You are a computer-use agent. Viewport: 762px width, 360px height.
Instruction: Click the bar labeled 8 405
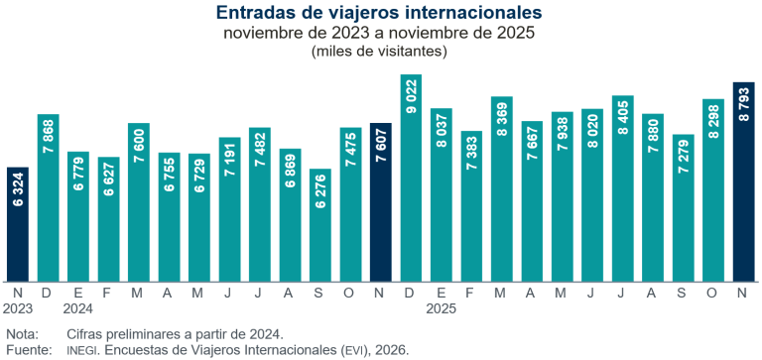point(623,187)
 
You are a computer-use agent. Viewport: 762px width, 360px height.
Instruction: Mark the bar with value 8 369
point(502,188)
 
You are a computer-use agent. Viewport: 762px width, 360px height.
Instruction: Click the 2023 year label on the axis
point(18,308)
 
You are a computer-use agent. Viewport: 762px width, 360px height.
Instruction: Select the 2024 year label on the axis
point(78,308)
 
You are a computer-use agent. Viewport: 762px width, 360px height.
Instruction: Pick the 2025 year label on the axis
point(442,308)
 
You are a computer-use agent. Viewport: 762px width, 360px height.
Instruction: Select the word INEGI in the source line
point(82,350)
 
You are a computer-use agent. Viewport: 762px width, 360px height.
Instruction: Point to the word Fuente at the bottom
point(28,350)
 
